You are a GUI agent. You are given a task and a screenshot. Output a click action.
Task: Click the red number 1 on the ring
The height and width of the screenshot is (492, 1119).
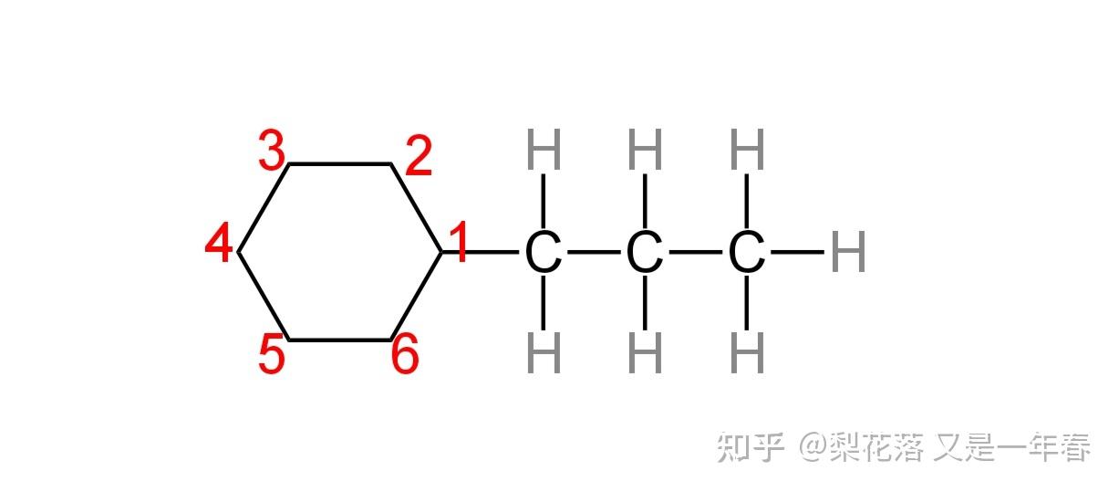click(x=459, y=244)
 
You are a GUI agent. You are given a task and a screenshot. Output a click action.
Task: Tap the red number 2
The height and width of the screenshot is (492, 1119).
click(x=418, y=159)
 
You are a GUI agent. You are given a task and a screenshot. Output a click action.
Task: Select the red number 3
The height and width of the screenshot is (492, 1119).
click(x=272, y=152)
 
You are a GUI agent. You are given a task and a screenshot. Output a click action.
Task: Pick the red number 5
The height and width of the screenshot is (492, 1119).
click(x=271, y=355)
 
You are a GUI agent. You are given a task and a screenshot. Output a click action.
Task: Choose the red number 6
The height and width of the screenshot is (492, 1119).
click(x=405, y=356)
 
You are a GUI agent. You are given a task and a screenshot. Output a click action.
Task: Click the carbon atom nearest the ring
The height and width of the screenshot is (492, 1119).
click(x=544, y=253)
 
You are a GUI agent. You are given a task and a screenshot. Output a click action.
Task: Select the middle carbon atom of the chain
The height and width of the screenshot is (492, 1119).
click(x=645, y=253)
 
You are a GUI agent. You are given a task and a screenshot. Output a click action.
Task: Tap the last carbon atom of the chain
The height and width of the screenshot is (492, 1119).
click(x=747, y=253)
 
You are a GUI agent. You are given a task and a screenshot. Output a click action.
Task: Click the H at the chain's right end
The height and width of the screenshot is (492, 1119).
click(x=848, y=253)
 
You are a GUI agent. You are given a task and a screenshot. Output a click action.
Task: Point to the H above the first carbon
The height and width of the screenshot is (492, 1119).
click(x=544, y=151)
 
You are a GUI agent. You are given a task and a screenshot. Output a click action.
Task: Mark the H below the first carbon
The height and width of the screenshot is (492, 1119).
click(x=544, y=354)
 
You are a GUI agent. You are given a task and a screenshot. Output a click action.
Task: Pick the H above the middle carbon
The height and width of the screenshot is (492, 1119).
click(x=646, y=151)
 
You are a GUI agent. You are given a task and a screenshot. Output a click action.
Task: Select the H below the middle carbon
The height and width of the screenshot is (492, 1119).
click(x=646, y=354)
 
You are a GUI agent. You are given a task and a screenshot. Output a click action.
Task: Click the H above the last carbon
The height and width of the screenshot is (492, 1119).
click(x=748, y=151)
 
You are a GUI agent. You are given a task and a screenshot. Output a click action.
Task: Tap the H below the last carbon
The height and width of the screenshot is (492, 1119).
click(x=748, y=354)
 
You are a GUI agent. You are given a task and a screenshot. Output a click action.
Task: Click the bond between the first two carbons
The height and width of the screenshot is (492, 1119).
click(x=595, y=252)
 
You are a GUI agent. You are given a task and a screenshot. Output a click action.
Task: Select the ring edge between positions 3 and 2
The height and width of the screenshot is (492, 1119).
click(x=340, y=164)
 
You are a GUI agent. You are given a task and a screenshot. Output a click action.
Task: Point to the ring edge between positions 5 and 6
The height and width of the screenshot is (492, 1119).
click(x=340, y=340)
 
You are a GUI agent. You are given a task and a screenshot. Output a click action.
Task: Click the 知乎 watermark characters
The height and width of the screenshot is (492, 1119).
click(x=751, y=447)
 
